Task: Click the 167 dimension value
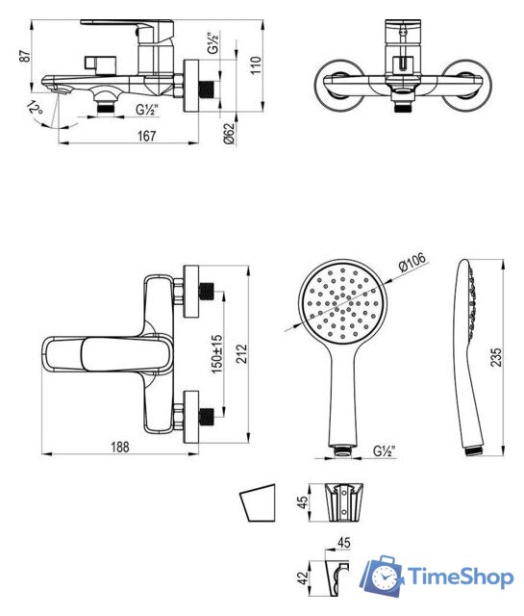[146, 136]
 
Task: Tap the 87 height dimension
[25, 56]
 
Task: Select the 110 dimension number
[256, 65]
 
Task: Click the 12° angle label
[35, 108]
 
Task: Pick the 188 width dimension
[120, 447]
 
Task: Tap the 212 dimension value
[242, 353]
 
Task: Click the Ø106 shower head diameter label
[412, 262]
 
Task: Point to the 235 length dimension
[496, 357]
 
